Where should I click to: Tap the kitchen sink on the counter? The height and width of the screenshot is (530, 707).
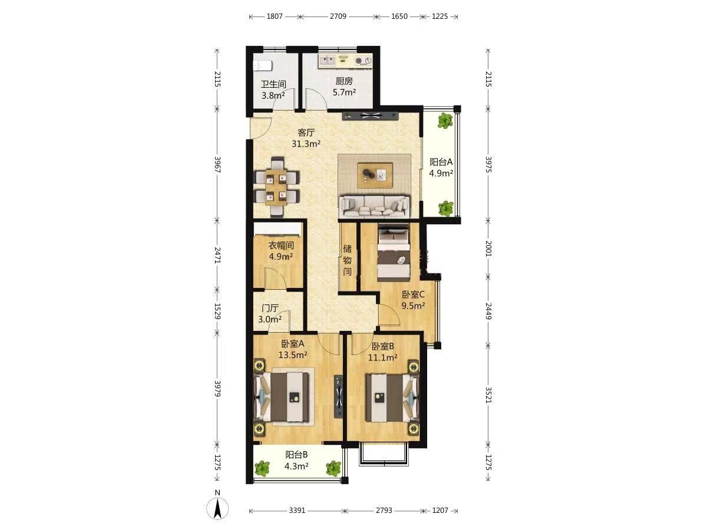click(327, 59)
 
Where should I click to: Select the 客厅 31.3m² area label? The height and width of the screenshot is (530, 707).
click(306, 138)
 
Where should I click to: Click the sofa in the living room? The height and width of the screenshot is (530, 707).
click(374, 206)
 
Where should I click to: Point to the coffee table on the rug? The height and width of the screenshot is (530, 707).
click(375, 175)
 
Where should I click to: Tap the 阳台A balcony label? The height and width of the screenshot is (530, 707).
click(441, 162)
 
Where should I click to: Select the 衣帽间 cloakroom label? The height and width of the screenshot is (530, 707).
click(281, 246)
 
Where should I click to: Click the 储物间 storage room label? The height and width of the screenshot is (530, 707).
click(347, 260)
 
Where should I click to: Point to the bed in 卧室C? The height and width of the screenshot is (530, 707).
click(394, 254)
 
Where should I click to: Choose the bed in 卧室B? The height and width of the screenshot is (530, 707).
click(392, 397)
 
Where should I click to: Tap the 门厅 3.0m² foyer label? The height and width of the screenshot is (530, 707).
click(270, 313)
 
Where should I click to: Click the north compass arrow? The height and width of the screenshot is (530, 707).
click(218, 508)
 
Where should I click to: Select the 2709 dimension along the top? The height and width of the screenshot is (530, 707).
click(338, 16)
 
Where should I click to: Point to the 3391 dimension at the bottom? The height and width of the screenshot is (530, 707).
click(297, 511)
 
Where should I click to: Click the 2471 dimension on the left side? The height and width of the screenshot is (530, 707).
click(218, 255)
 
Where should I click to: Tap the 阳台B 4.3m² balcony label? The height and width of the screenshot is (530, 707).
click(296, 460)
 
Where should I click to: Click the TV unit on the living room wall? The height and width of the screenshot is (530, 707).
click(371, 116)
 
